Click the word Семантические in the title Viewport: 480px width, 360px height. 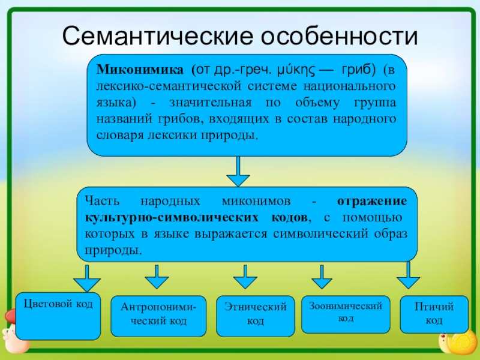158,36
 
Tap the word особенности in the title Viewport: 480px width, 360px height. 340,36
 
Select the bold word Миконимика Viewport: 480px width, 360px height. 140,70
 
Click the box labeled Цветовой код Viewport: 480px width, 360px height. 58,316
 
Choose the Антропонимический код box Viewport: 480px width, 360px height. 158,316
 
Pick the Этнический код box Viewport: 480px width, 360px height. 256,316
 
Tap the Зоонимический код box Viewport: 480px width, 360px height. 346,314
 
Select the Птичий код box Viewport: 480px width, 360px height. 434,314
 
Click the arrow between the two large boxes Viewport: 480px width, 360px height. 238,172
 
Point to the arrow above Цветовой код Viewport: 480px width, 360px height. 87,278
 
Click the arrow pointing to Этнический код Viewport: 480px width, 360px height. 245,277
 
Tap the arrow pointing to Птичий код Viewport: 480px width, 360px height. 408,275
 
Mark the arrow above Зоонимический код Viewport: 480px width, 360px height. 322,277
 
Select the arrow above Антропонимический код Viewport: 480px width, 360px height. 157,277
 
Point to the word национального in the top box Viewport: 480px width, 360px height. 349,86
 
